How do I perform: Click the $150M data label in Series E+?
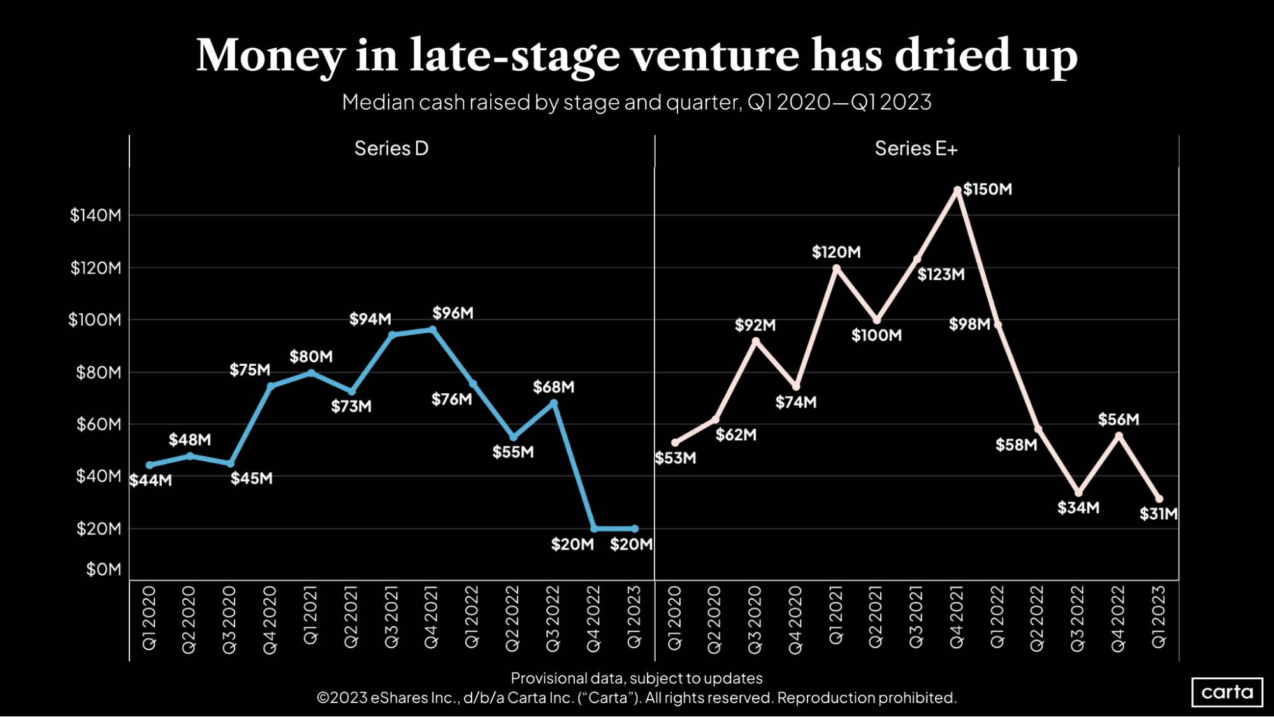coord(987,189)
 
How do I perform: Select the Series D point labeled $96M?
coord(433,330)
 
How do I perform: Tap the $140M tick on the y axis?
coord(96,215)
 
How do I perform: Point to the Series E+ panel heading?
coord(916,148)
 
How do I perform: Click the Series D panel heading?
coord(391,148)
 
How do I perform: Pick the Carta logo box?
coord(1227,692)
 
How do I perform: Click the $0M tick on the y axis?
coord(103,569)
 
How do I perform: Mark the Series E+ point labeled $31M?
coord(1159,499)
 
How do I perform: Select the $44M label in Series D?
coord(150,481)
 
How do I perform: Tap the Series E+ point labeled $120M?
coord(836,268)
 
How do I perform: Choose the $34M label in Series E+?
coord(1078,508)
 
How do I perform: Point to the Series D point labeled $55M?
coord(514,437)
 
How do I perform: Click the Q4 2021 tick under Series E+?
coord(957,618)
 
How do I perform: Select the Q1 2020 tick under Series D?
coord(149,618)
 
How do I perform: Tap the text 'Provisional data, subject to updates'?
coord(636,678)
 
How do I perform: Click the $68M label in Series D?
coord(554,387)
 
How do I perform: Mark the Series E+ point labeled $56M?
coord(1118,435)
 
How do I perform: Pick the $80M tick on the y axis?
coord(99,372)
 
